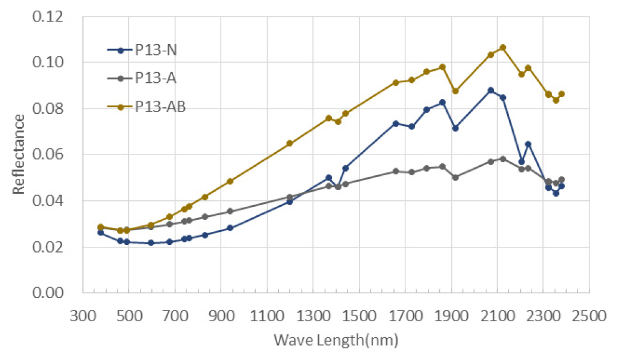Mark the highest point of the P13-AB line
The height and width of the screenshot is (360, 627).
[502, 47]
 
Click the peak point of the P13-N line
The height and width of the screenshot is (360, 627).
[491, 90]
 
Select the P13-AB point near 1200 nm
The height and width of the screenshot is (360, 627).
[290, 143]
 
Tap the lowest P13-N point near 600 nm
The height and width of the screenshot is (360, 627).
[151, 243]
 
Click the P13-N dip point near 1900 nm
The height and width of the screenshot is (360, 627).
[455, 128]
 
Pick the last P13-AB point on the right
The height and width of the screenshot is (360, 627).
[561, 94]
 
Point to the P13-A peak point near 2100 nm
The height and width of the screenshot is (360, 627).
[502, 159]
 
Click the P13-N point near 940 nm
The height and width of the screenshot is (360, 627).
[229, 228]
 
